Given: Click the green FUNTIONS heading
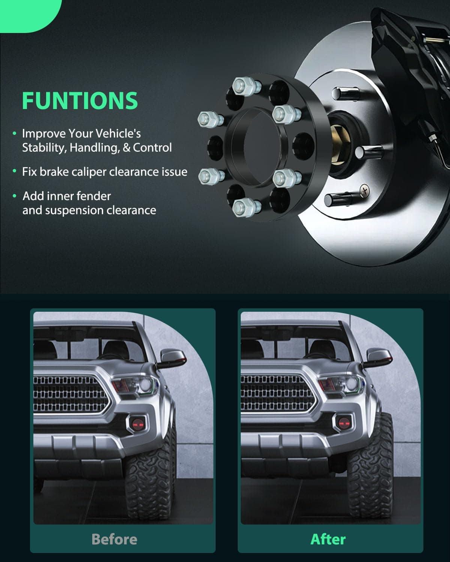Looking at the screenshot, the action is (80, 100).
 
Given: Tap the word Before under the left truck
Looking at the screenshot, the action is (114, 539).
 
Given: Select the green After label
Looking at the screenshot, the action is (328, 539).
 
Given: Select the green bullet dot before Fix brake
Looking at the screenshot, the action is (14, 171).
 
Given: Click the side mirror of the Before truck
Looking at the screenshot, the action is (172, 358).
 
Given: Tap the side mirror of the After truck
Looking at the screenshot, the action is (379, 357).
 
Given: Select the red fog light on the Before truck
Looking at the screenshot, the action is (138, 424).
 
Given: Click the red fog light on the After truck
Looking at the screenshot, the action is (344, 423).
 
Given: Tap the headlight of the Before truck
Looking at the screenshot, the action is (135, 385).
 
